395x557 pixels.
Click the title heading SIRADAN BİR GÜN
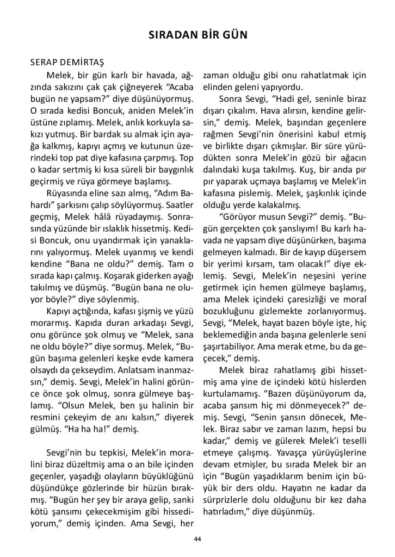197,36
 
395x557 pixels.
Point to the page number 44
197,539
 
